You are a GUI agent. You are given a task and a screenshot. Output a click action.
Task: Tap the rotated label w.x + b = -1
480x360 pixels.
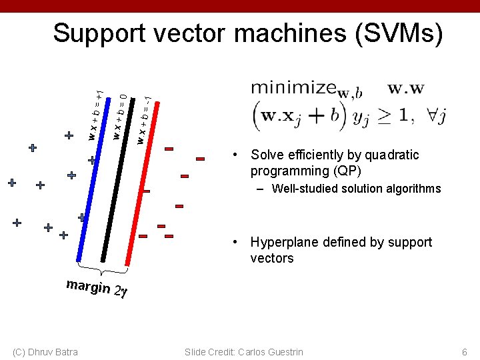[x=143, y=120]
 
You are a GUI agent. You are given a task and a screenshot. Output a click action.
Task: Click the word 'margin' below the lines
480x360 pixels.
[x=88, y=286]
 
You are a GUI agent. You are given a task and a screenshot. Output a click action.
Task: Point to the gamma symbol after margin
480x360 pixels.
[x=123, y=292]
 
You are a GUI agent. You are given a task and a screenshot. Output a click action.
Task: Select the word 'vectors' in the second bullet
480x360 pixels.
[x=272, y=258]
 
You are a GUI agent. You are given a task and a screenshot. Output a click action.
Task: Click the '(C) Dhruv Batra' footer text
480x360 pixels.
[x=45, y=352]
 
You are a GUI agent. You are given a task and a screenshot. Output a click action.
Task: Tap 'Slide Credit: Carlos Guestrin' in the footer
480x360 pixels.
[x=244, y=352]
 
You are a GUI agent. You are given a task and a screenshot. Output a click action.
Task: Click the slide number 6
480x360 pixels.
[x=465, y=352]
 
